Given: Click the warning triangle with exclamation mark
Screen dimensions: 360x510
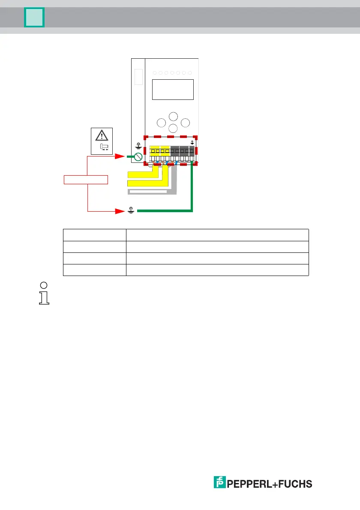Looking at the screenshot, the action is pyautogui.click(x=102, y=135).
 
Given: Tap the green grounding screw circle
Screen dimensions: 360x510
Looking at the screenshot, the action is pyautogui.click(x=138, y=157).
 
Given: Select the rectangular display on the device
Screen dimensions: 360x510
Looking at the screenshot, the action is pyautogui.click(x=173, y=90).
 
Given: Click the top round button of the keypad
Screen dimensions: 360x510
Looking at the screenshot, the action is pyautogui.click(x=173, y=117).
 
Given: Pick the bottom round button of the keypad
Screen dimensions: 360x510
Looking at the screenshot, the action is pyautogui.click(x=173, y=128).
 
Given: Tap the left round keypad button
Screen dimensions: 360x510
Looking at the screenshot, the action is pyautogui.click(x=161, y=123).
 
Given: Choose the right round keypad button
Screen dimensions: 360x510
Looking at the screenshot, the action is pyautogui.click(x=185, y=123).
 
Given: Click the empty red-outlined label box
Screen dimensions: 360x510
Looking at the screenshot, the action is pyautogui.click(x=85, y=180).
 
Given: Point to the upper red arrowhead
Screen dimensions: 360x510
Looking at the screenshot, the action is pyautogui.click(x=121, y=157).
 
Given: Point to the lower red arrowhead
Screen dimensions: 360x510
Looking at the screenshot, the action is pyautogui.click(x=121, y=211).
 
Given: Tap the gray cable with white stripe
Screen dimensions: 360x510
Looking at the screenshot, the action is pyautogui.click(x=148, y=191).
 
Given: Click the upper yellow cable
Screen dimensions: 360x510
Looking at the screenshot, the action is pyautogui.click(x=141, y=174).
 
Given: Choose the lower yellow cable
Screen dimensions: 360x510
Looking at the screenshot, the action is pyautogui.click(x=146, y=183).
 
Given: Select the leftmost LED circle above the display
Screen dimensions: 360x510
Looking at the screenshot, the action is pyautogui.click(x=155, y=73).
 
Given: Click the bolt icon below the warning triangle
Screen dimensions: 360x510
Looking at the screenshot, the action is pyautogui.click(x=104, y=147).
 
